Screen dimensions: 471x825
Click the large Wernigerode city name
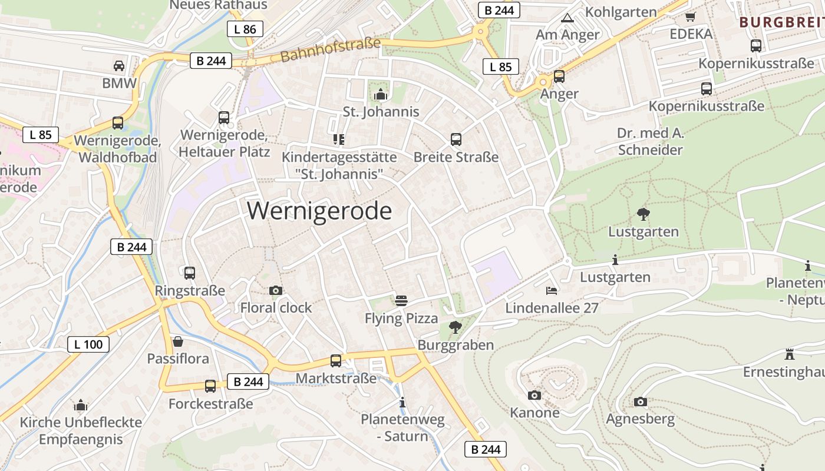pyautogui.click(x=319, y=211)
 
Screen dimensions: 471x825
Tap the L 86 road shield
pyautogui.click(x=245, y=29)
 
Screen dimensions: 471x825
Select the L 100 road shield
pyautogui.click(x=88, y=344)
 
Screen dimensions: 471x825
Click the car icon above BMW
pyautogui.click(x=119, y=65)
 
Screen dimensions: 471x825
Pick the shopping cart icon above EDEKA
pyautogui.click(x=691, y=16)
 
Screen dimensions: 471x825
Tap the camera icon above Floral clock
pyautogui.click(x=275, y=290)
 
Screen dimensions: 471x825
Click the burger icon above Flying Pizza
pyautogui.click(x=401, y=301)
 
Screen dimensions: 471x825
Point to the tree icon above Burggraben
pyautogui.click(x=455, y=327)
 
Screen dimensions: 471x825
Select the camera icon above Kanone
pyautogui.click(x=534, y=395)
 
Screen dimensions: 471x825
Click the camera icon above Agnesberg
pyautogui.click(x=641, y=402)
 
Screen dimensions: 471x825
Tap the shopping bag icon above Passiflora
pyautogui.click(x=177, y=341)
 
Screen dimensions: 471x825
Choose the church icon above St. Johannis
pyautogui.click(x=381, y=94)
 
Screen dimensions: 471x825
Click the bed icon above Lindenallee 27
pyautogui.click(x=552, y=290)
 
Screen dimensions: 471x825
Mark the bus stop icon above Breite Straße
pyautogui.click(x=456, y=140)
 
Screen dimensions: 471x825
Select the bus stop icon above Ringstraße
pyautogui.click(x=190, y=273)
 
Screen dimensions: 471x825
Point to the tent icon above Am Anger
pyautogui.click(x=567, y=18)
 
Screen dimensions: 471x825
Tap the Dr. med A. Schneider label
pyautogui.click(x=651, y=141)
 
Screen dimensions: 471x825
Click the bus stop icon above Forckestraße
pyautogui.click(x=210, y=386)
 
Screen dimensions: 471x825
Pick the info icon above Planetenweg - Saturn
pyautogui.click(x=402, y=402)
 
